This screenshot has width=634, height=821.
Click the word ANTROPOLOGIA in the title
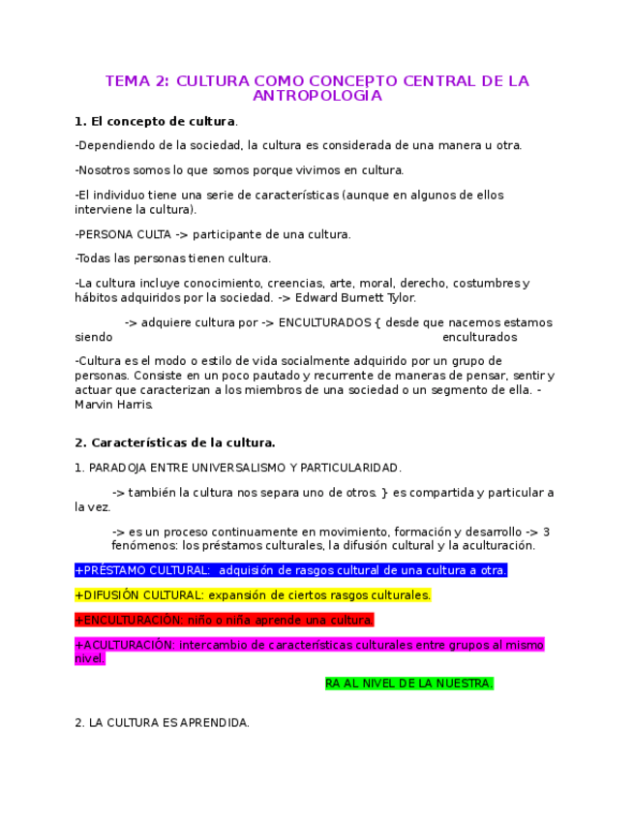coord(317,96)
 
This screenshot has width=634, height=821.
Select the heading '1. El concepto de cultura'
coord(155,121)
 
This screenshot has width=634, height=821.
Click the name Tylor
coord(398,297)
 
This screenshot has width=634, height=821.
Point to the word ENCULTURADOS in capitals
coord(323,322)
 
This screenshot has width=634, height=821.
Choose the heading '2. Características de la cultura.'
coord(175,442)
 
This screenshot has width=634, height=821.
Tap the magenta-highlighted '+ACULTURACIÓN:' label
coord(125,645)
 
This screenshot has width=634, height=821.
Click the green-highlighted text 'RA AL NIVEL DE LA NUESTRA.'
coord(408,684)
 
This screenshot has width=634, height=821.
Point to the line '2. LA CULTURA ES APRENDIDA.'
coord(162,722)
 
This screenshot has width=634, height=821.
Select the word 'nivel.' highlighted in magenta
coord(89,658)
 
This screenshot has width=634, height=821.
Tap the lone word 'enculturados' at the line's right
coord(479,337)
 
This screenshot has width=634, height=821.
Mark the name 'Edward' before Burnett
coord(317,297)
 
